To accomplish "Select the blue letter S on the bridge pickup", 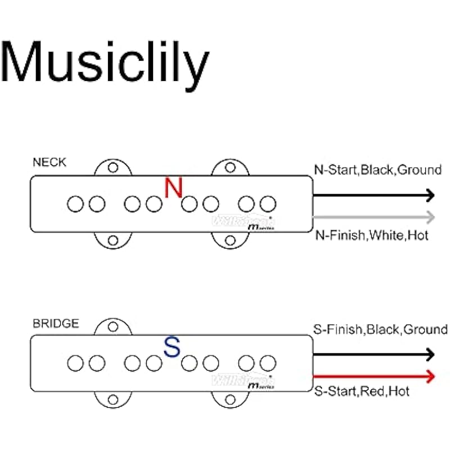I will (x=172, y=348).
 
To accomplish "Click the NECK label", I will (x=49, y=163).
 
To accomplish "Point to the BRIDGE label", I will (x=56, y=323).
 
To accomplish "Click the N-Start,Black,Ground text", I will (x=377, y=170).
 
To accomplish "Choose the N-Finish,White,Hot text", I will (x=371, y=235).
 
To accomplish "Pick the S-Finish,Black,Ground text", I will (x=380, y=330).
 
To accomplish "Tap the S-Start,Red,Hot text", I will (x=361, y=391).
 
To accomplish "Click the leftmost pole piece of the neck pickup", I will (x=75, y=204).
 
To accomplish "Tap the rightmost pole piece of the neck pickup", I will (x=268, y=204).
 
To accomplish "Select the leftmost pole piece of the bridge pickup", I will (x=75, y=363).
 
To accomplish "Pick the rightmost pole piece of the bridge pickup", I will (x=268, y=363).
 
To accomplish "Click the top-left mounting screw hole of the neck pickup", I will (x=113, y=167).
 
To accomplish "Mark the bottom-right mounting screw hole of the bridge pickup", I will (x=229, y=400).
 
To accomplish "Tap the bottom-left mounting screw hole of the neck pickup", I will (x=113, y=240).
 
